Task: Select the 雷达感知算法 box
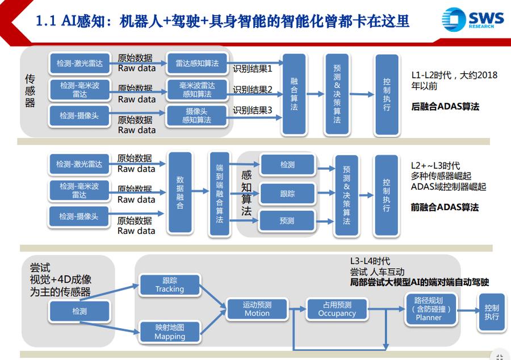pos(197,64)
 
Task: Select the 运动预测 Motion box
pos(257,309)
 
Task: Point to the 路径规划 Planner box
pos(429,309)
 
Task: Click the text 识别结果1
pos(253,69)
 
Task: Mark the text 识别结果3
pos(253,110)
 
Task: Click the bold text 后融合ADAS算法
pos(445,106)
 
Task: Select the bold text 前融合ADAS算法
pos(445,207)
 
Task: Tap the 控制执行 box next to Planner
pos(492,311)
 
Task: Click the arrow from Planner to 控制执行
pos(467,310)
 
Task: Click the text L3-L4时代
pos(370,261)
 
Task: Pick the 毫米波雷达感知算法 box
pos(197,90)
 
